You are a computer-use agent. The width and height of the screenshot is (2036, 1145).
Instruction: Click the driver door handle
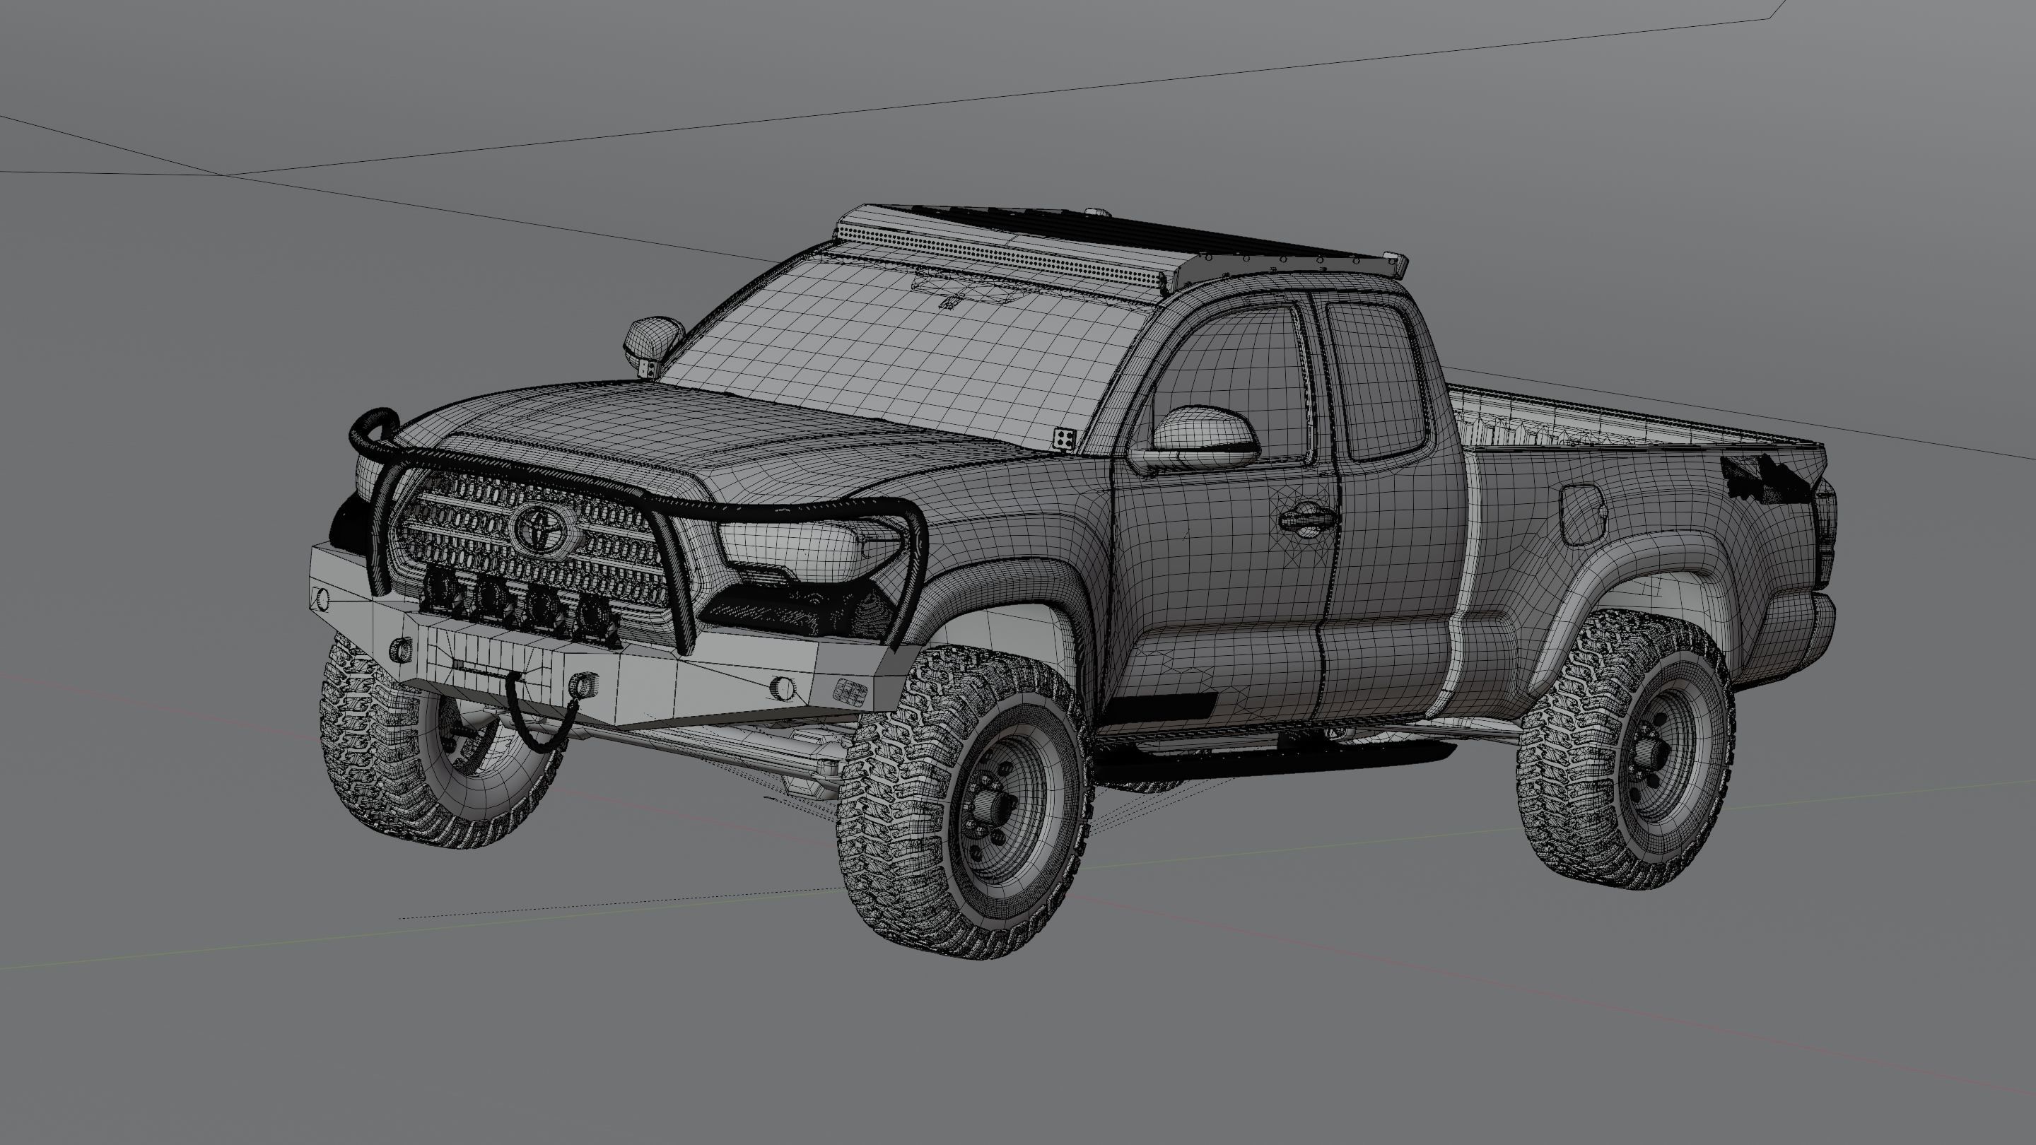(x=1307, y=519)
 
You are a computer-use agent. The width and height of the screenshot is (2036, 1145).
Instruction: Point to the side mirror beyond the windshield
(x=653, y=339)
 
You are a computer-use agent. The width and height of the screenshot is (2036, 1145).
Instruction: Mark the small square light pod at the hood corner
(x=1064, y=438)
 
